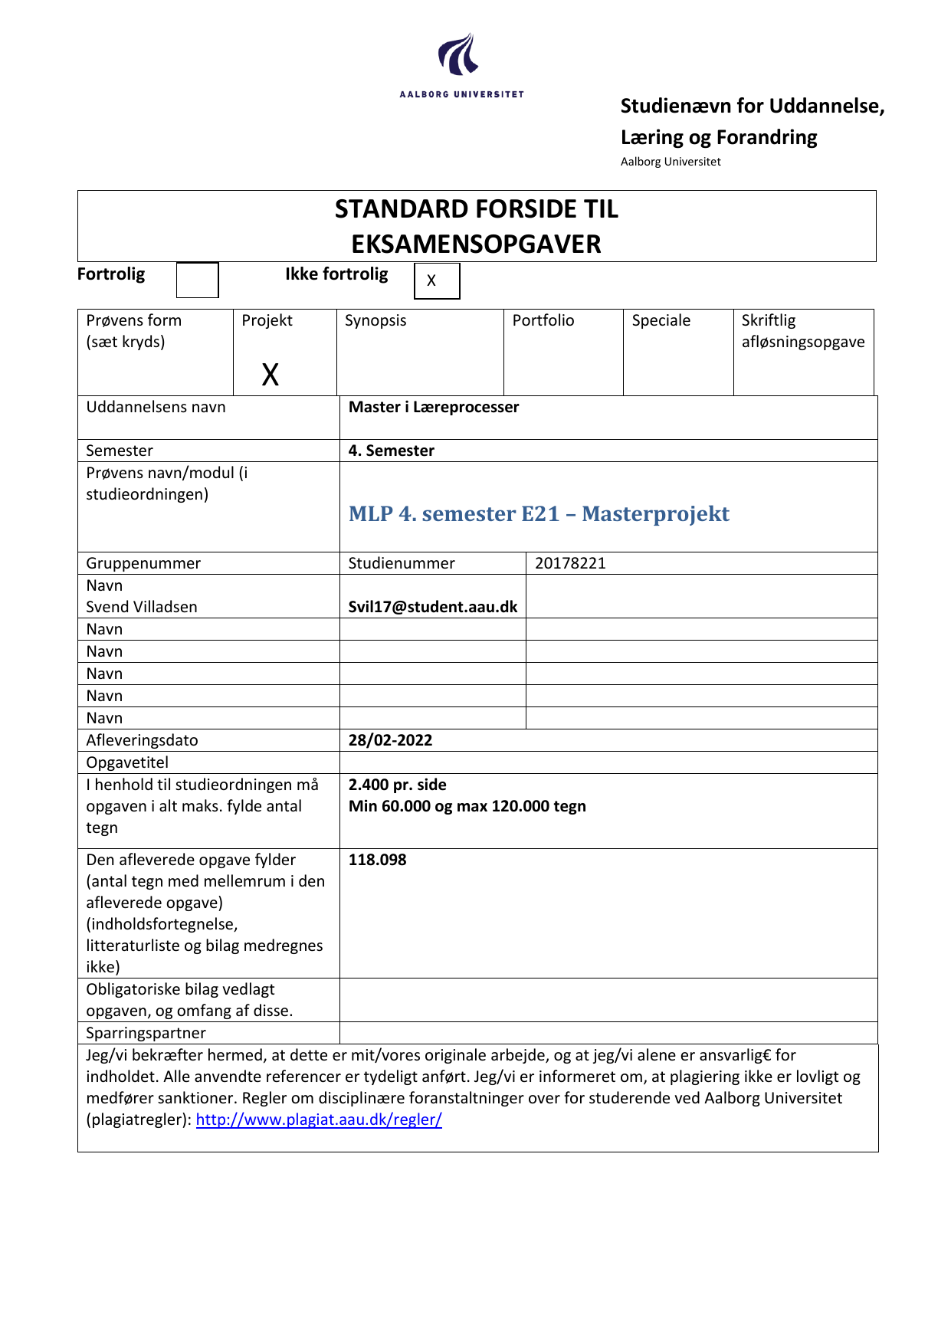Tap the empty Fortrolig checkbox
tap(197, 280)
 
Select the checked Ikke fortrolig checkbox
tap(437, 280)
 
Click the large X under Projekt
tap(270, 375)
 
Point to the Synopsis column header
tap(375, 320)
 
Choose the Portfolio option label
tap(543, 320)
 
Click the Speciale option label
tap(661, 320)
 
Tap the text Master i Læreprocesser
tap(433, 407)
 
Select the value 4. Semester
tap(391, 451)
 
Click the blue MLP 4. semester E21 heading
tap(539, 513)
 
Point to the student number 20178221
tap(570, 563)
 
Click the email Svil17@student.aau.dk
tap(432, 607)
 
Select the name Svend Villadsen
tap(142, 607)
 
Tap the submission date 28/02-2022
tap(390, 740)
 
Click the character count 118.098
tap(377, 860)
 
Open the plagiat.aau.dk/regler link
tap(319, 1119)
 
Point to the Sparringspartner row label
tap(146, 1033)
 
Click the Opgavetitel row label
tap(127, 762)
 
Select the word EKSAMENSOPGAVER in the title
tap(476, 244)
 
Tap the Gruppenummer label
tap(143, 563)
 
